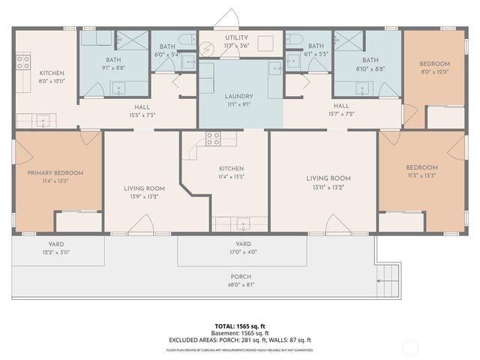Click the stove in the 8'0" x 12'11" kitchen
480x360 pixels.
(23, 61)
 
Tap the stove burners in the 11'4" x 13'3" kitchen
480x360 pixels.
(213, 139)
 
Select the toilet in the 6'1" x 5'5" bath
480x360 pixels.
(295, 39)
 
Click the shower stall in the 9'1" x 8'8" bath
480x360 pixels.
(132, 40)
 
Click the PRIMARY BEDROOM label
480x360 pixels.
(55, 172)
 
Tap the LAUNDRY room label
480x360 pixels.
(239, 96)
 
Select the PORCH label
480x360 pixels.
(241, 276)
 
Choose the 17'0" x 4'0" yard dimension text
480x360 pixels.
(243, 252)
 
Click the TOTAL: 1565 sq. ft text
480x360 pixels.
(241, 326)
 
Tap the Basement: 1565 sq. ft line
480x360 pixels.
(241, 333)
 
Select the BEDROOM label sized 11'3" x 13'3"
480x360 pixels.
(421, 167)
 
